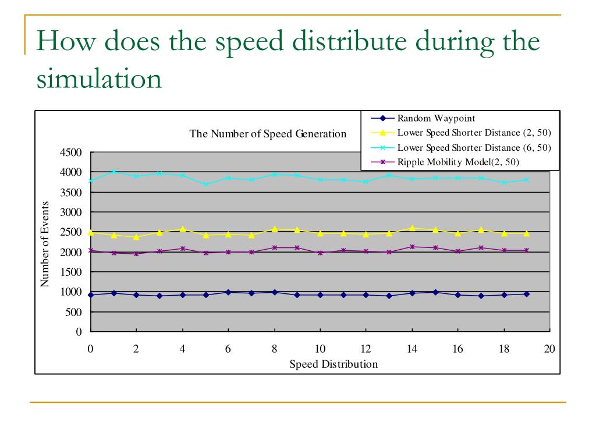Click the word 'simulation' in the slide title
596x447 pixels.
coord(99,79)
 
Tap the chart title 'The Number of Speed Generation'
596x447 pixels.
coord(268,134)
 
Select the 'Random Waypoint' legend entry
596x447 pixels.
coord(436,119)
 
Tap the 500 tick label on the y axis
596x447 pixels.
coord(74,312)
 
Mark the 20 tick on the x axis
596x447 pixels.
coord(549,349)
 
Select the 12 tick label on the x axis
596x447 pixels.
coord(366,349)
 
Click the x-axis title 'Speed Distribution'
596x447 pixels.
coord(334,364)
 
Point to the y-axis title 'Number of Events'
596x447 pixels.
coord(44,244)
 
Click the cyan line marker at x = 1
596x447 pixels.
coord(114,172)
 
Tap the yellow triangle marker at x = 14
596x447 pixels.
coord(412,229)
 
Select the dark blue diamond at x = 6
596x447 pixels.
coord(228,292)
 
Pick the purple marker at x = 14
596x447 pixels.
coord(412,247)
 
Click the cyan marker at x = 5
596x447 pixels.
coord(205,184)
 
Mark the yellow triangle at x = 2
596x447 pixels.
coord(136,237)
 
